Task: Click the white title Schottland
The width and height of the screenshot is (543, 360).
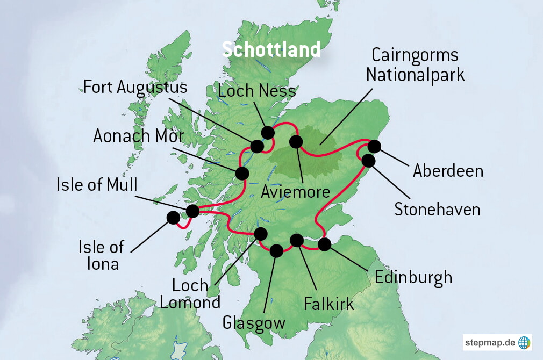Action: tap(271, 49)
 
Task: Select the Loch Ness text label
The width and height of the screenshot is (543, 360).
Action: tap(257, 91)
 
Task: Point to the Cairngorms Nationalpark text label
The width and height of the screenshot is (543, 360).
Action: tap(415, 64)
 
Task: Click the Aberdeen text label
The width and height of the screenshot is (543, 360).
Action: tap(448, 171)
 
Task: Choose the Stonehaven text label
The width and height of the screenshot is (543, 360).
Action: tap(437, 209)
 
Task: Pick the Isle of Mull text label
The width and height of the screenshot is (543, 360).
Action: tap(97, 185)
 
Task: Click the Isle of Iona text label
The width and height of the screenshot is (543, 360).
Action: tap(101, 255)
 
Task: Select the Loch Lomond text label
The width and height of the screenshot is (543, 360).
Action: tap(190, 293)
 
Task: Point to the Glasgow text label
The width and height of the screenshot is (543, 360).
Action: tap(253, 323)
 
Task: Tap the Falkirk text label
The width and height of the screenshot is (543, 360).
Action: tap(328, 304)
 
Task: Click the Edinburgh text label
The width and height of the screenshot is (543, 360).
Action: tap(413, 277)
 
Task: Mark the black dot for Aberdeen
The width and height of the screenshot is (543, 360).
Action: tap(374, 146)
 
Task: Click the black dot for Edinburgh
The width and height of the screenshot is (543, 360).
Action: tap(324, 244)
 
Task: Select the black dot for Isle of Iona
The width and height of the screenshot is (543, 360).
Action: tap(173, 218)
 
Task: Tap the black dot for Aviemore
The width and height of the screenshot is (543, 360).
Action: tap(296, 142)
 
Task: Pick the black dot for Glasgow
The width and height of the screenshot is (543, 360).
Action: tap(276, 250)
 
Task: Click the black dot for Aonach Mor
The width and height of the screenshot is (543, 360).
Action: tap(242, 174)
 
